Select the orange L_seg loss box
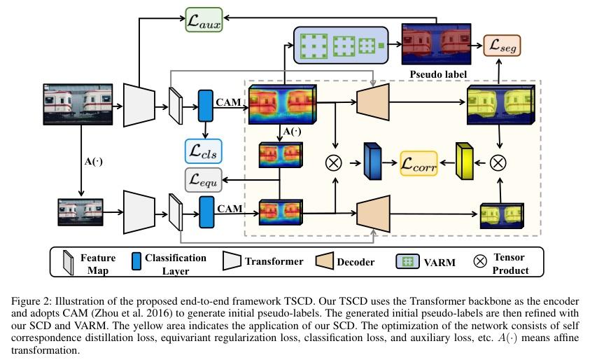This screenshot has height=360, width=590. point(503,47)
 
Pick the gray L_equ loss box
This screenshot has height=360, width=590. point(204,179)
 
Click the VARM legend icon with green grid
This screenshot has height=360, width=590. point(408,262)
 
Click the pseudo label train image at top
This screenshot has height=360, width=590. point(433,45)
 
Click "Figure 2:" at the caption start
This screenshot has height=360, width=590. point(35,303)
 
